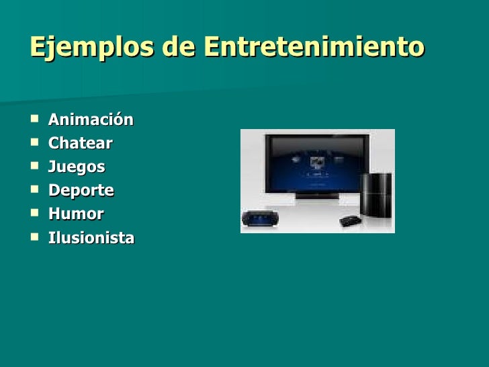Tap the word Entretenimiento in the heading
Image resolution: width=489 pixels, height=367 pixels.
coord(314,48)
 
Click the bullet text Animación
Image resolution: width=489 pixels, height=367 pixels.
coord(91,120)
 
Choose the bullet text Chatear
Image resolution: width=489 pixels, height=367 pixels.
coord(80,143)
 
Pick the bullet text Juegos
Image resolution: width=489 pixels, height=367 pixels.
coord(77,167)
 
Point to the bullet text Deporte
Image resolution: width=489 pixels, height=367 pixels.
coord(81,191)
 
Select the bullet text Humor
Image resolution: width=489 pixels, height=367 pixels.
coord(76,214)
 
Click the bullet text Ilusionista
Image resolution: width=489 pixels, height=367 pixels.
coord(91,238)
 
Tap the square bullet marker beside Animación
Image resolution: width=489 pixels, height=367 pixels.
coord(34,120)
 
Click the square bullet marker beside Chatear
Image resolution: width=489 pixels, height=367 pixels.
coord(34,144)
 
